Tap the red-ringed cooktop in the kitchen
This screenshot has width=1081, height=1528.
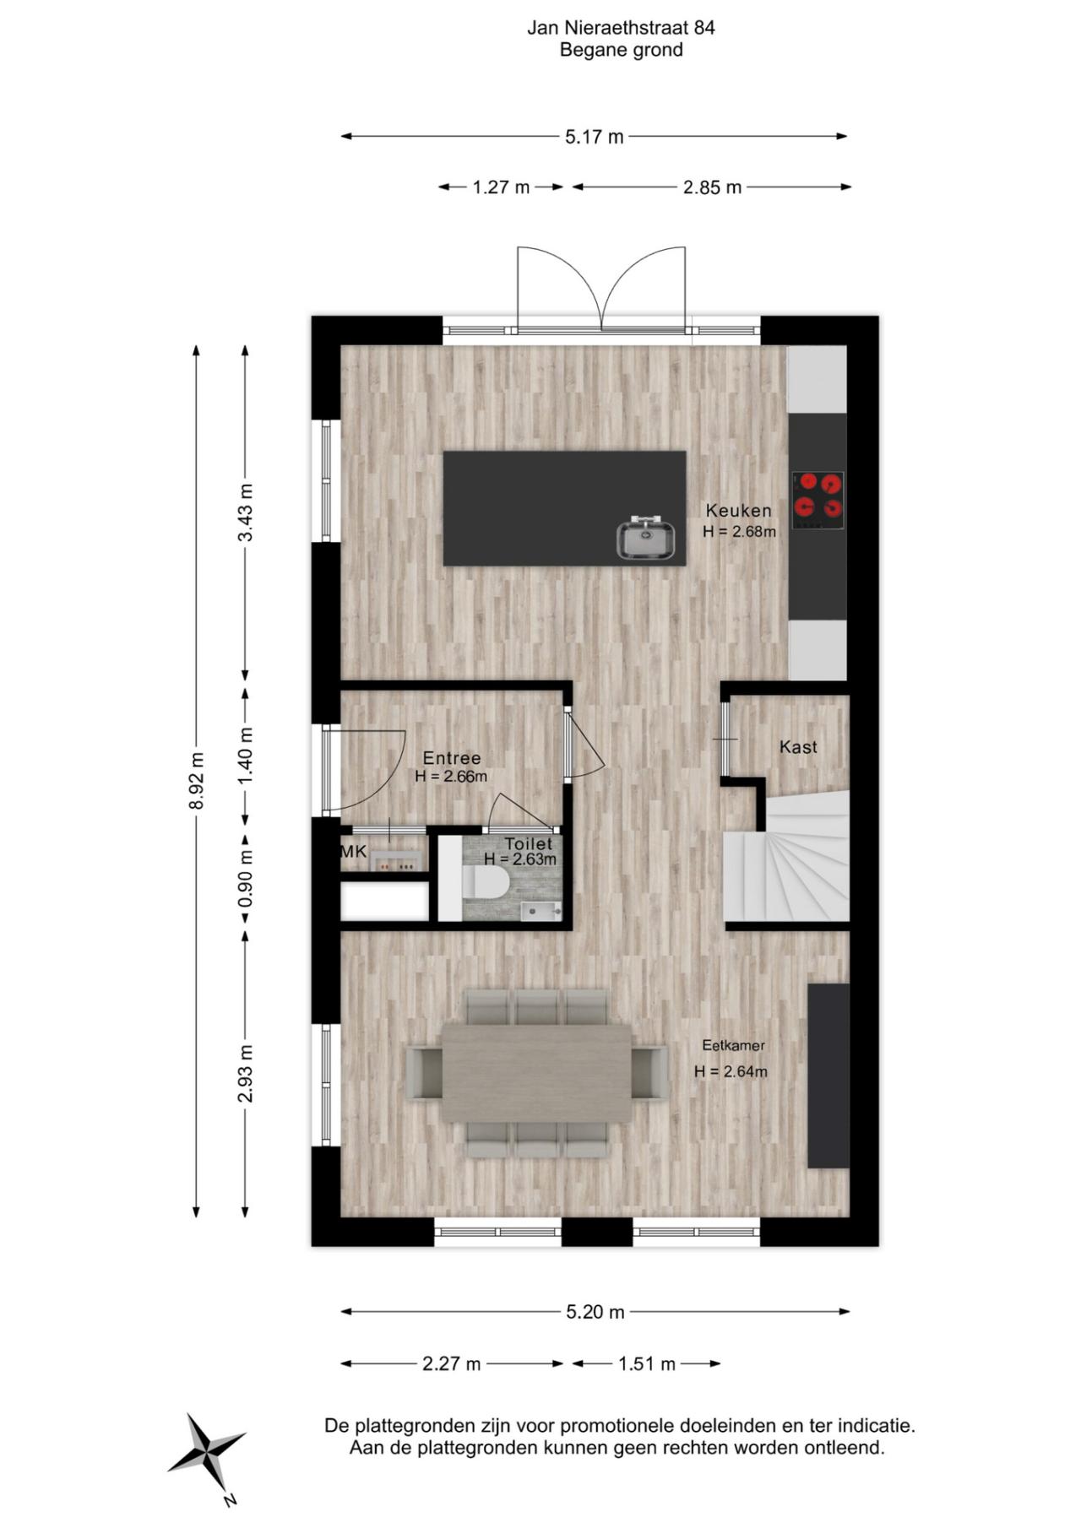(818, 500)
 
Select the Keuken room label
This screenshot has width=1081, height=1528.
(738, 511)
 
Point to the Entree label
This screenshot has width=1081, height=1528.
(452, 758)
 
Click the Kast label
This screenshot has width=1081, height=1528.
(798, 747)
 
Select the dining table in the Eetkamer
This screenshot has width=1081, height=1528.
(537, 1072)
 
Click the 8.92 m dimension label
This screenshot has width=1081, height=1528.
(196, 781)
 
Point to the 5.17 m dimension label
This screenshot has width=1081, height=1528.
(595, 137)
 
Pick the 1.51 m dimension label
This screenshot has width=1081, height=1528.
(647, 1363)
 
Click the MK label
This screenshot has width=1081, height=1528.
(354, 852)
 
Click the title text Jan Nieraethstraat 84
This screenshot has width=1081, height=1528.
(621, 28)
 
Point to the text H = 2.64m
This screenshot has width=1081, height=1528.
(731, 1072)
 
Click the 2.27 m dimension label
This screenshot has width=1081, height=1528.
(451, 1363)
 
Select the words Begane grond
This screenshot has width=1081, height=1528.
(621, 50)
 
